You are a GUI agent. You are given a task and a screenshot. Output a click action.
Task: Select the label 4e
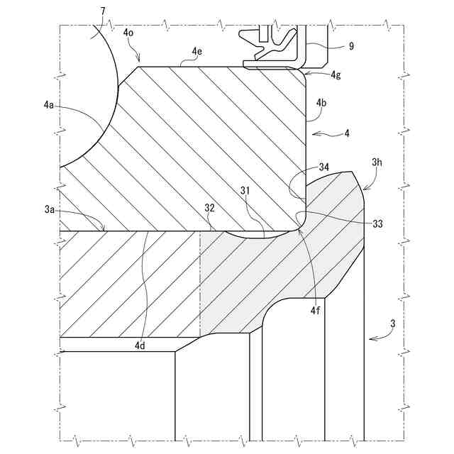tap(197, 51)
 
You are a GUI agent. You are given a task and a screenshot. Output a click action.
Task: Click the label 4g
tap(336, 75)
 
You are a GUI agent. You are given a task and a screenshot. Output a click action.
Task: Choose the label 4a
tap(48, 105)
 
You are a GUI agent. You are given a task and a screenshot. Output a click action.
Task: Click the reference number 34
tap(323, 167)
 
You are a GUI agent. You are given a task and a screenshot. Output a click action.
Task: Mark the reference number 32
tap(210, 209)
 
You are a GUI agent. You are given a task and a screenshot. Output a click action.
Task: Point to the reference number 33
tap(377, 223)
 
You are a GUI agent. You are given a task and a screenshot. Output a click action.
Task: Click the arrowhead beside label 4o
tap(141, 62)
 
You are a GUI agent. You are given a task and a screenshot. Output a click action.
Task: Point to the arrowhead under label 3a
tap(106, 230)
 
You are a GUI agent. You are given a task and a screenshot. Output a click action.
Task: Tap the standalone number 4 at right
tap(347, 133)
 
